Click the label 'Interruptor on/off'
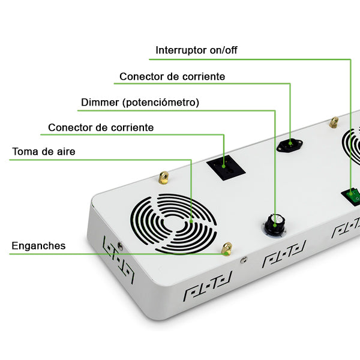(x=196, y=50)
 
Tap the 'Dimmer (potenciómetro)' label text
(x=140, y=103)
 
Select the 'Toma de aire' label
(x=44, y=152)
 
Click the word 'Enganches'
(x=38, y=246)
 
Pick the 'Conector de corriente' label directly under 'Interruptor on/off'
(x=172, y=77)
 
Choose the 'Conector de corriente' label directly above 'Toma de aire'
(x=101, y=128)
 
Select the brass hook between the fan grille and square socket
(x=163, y=178)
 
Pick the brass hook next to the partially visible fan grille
(x=334, y=122)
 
